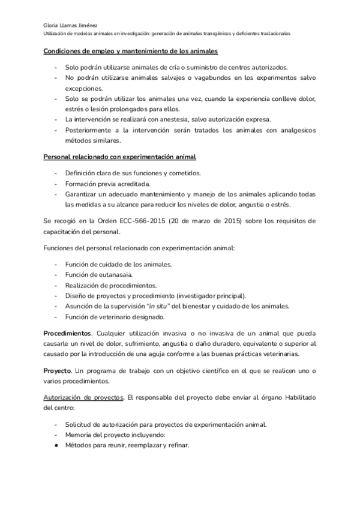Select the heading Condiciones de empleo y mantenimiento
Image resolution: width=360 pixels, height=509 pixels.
click(x=130, y=52)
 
